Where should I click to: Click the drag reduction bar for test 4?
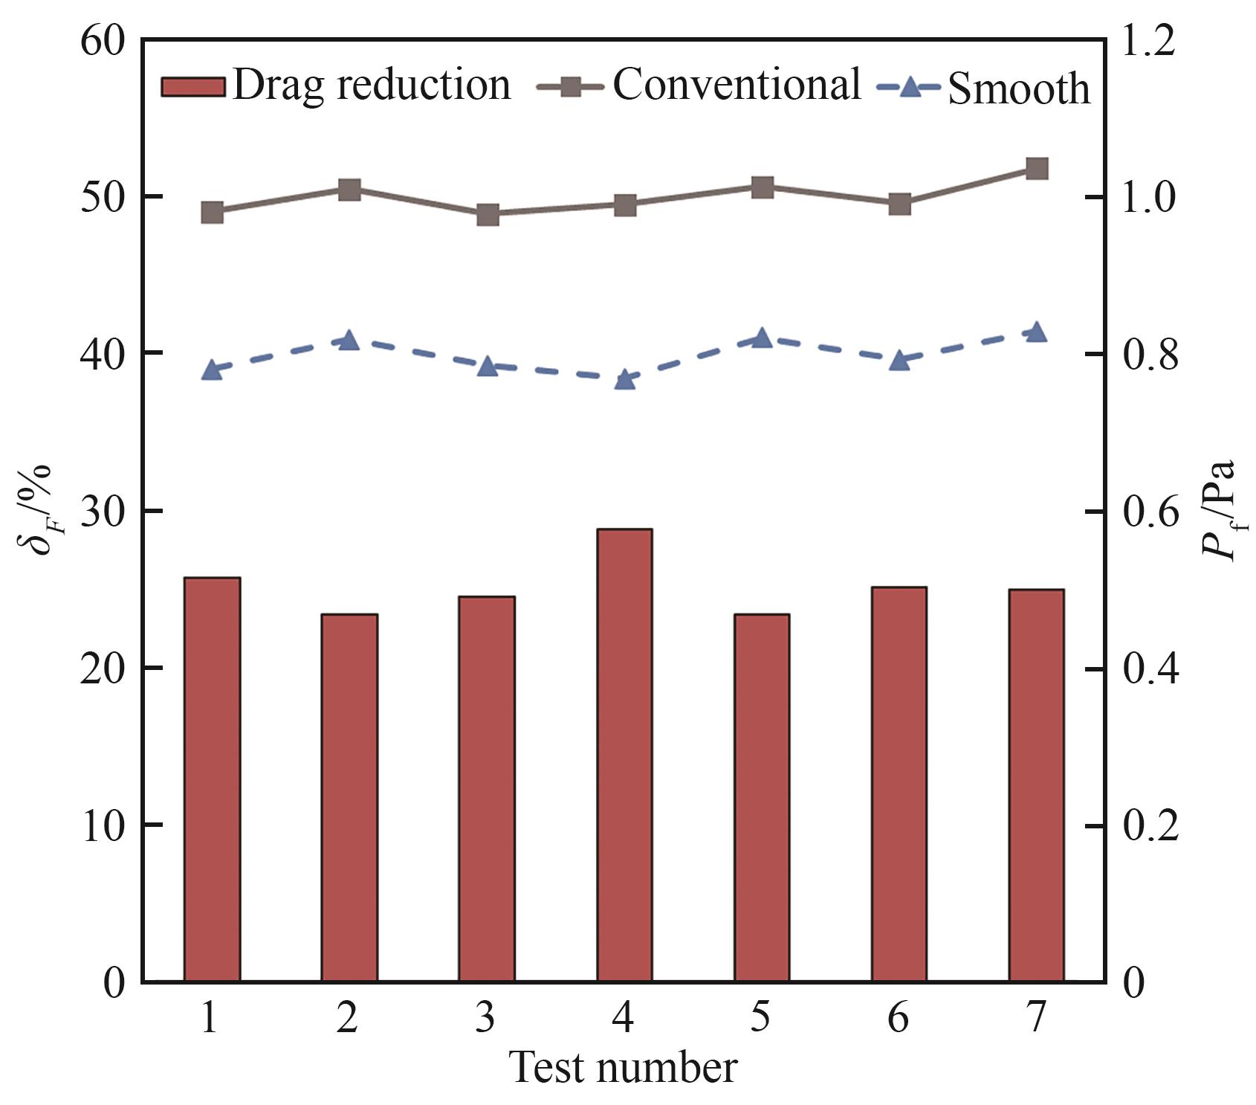pos(624,754)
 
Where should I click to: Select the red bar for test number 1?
pos(212,779)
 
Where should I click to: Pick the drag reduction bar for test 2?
pos(349,797)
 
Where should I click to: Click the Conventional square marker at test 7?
pos(1037,169)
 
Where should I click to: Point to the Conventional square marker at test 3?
pos(488,215)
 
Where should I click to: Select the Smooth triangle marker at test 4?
pos(625,379)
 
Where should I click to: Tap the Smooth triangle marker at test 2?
pos(349,341)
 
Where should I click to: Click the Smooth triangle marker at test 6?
pos(900,361)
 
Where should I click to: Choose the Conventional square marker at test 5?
pos(763,187)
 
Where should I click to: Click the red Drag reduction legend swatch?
pos(192,86)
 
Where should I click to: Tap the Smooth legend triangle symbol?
pos(910,88)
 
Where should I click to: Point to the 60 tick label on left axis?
pos(103,42)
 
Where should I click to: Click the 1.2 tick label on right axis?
pos(1149,42)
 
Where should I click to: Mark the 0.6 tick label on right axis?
pos(1149,512)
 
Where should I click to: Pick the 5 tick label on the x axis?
pos(760,1017)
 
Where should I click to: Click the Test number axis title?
pos(623,1068)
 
